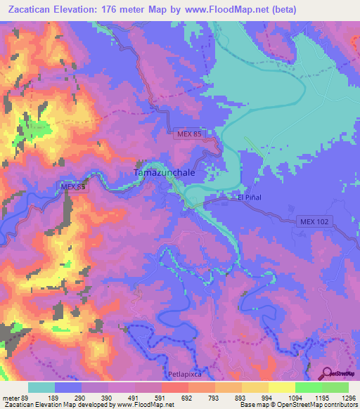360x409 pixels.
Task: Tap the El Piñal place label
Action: click(250, 197)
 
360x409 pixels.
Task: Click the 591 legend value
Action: click(160, 397)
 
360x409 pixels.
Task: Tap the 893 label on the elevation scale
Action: click(240, 397)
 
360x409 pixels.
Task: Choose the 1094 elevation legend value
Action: click(293, 397)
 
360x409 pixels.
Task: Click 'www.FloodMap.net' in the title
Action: click(223, 9)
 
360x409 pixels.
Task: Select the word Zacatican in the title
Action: click(32, 9)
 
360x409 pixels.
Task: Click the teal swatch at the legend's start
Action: click(41, 387)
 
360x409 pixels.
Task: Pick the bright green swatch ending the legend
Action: click(335, 387)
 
